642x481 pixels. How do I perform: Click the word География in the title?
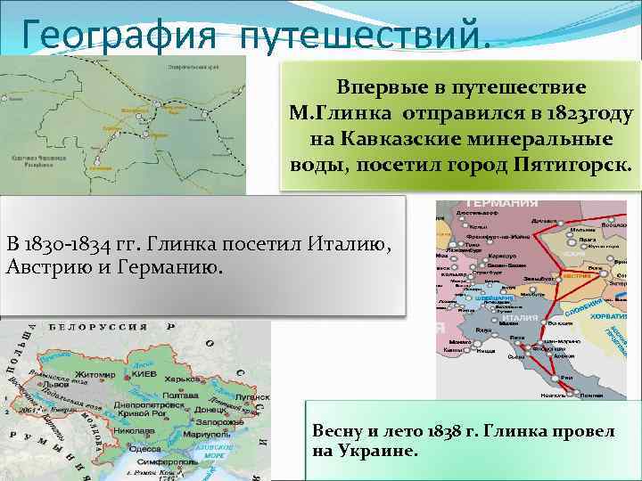[x=113, y=34]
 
